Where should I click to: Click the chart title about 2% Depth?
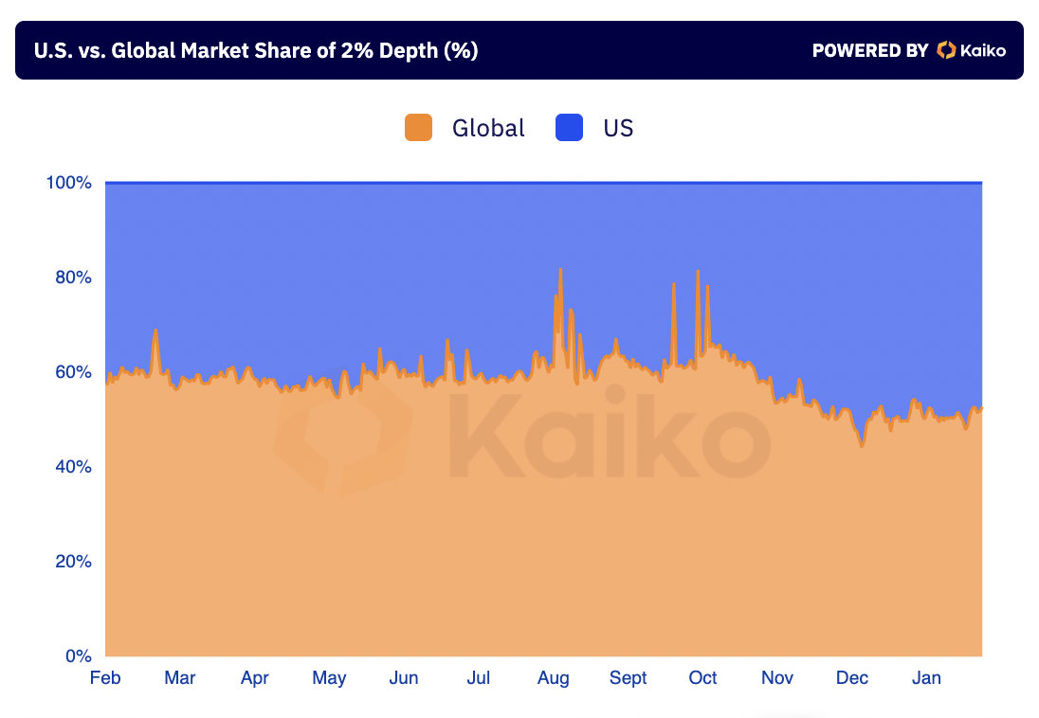pyautogui.click(x=255, y=51)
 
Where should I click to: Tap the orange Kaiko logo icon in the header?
pyautogui.click(x=945, y=50)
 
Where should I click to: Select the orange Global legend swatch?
pyautogui.click(x=418, y=128)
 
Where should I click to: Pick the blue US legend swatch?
pyautogui.click(x=569, y=128)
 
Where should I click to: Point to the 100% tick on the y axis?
pyautogui.click(x=69, y=183)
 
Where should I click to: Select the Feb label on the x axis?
pyautogui.click(x=104, y=678)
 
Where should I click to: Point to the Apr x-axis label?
pyautogui.click(x=254, y=678)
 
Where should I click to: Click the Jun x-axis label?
pyautogui.click(x=404, y=678)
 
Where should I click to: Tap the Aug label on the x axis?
pyautogui.click(x=554, y=678)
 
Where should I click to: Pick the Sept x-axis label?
pyautogui.click(x=629, y=678)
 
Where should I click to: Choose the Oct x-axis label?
pyautogui.click(x=702, y=678)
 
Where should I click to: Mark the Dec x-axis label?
pyautogui.click(x=852, y=678)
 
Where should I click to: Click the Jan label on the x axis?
pyautogui.click(x=926, y=678)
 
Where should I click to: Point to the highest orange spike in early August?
pyautogui.click(x=560, y=271)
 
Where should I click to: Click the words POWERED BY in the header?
pyautogui.click(x=869, y=51)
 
